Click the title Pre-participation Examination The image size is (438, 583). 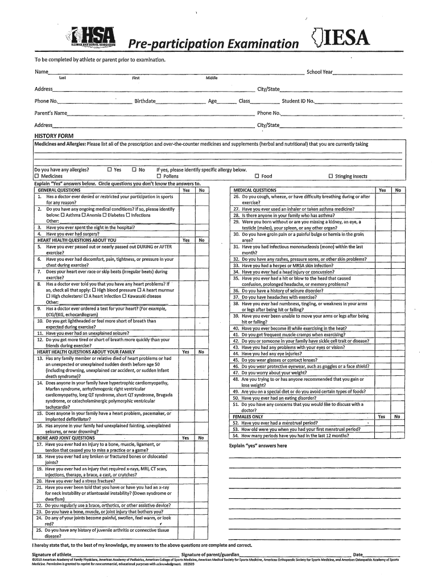point(213,44)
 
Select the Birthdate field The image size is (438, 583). point(180,101)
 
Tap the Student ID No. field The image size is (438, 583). point(358,101)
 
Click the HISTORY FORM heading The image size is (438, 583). point(53,136)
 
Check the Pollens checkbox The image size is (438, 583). point(151,176)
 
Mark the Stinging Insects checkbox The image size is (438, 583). point(331,176)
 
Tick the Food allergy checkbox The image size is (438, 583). point(257,176)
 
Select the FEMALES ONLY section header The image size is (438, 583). point(248,416)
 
